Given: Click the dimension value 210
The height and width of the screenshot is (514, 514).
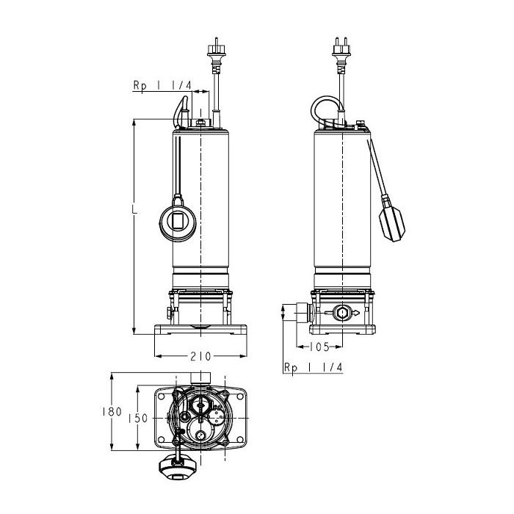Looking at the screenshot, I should [x=200, y=357].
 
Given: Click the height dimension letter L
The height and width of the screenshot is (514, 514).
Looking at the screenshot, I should [x=134, y=209].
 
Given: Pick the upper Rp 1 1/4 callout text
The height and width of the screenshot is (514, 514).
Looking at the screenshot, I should [x=162, y=86].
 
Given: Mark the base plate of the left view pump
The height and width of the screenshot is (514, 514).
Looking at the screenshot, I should [x=200, y=332].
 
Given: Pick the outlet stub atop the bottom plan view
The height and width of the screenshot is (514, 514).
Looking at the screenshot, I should [x=199, y=377].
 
